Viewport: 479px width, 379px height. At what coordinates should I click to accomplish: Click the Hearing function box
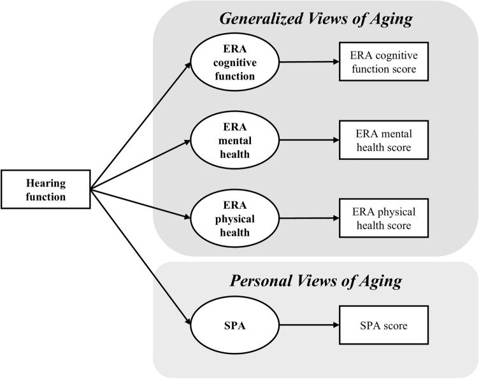point(46,189)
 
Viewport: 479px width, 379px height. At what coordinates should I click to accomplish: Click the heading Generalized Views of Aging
point(316,19)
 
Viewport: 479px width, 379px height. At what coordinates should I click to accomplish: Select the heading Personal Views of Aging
point(316,282)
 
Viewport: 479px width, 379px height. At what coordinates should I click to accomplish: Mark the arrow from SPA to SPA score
point(309,327)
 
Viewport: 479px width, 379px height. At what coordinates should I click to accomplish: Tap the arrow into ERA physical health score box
point(309,218)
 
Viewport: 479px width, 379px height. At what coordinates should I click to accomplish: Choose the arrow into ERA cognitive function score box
point(309,62)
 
